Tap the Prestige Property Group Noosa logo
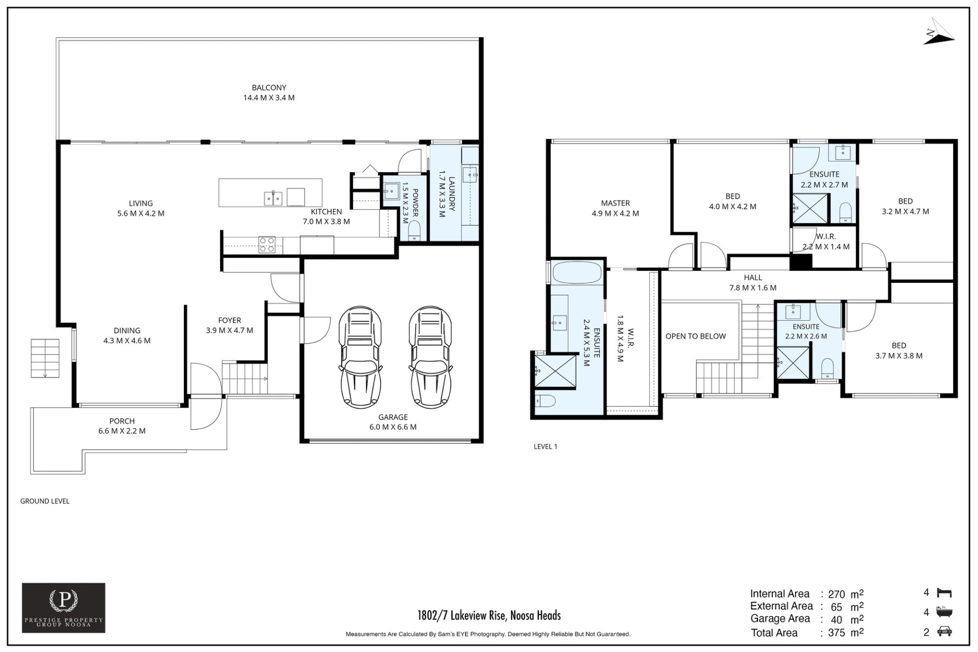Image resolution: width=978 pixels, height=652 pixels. click(x=64, y=608)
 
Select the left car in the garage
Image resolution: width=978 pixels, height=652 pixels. click(x=360, y=357)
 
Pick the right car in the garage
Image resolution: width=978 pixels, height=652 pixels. click(x=430, y=357)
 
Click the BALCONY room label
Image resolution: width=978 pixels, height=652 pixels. click(x=269, y=88)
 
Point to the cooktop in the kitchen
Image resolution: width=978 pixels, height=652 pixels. click(x=267, y=245)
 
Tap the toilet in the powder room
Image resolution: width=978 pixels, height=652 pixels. click(x=415, y=230)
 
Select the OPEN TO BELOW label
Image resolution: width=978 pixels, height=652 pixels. click(x=695, y=336)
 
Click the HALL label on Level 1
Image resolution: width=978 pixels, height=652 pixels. click(x=753, y=278)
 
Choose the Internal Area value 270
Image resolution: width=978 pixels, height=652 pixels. click(x=836, y=594)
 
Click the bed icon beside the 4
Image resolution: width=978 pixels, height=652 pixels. click(x=944, y=593)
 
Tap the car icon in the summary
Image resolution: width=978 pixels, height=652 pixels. click(x=944, y=632)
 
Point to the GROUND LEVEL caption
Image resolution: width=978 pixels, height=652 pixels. click(x=45, y=501)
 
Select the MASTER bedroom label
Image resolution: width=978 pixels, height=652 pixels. click(x=615, y=203)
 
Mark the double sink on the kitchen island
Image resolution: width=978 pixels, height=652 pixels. click(x=273, y=198)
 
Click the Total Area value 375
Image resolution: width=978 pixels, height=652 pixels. click(x=836, y=633)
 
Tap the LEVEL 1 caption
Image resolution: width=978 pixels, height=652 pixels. click(x=546, y=447)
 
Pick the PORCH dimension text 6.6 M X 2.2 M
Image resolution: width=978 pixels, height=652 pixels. click(x=122, y=431)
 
